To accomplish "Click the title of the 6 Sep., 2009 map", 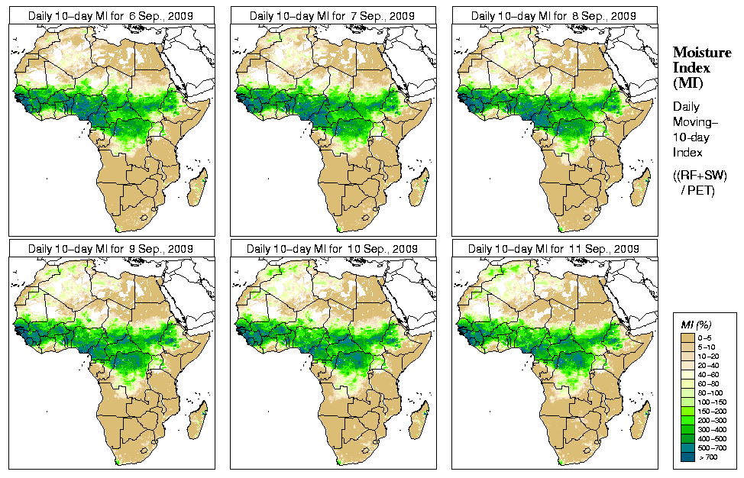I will pos(111,15).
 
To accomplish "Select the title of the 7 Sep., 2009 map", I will pos(332,15).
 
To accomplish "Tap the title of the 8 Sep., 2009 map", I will pos(554,15).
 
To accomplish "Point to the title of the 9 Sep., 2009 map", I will pos(111,248).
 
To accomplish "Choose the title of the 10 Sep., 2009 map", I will pos(332,248).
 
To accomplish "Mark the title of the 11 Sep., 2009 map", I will pos(554,248).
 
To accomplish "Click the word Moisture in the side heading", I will pos(698,52).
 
